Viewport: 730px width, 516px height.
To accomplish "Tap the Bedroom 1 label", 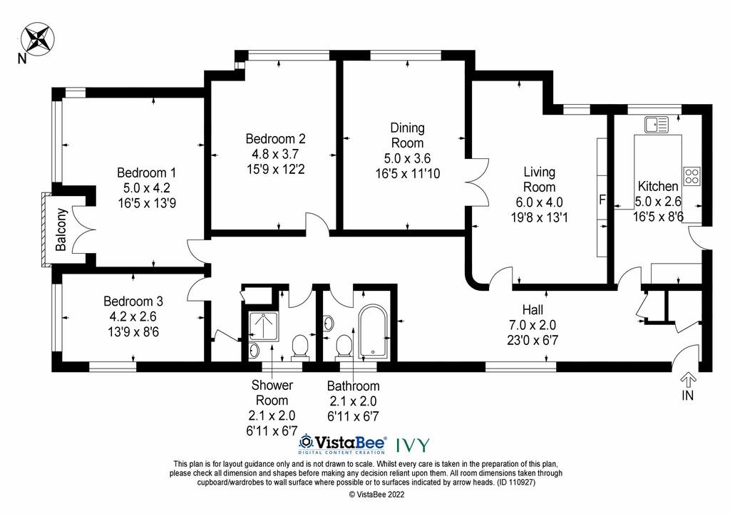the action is pyautogui.click(x=146, y=173).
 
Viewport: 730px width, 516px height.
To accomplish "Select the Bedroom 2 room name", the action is pyautogui.click(x=275, y=139).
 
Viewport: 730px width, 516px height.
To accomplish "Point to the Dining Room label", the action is pyautogui.click(x=407, y=135).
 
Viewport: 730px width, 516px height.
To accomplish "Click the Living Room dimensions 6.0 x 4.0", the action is pyautogui.click(x=539, y=202).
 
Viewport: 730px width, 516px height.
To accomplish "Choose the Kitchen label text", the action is pyautogui.click(x=657, y=186).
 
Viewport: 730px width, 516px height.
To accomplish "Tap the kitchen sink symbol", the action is pyautogui.click(x=656, y=124).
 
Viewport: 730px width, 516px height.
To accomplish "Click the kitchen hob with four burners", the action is pyautogui.click(x=692, y=175).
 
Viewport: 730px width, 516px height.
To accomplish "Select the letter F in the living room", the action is pyautogui.click(x=602, y=200).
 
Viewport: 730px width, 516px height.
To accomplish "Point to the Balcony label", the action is pyautogui.click(x=61, y=229).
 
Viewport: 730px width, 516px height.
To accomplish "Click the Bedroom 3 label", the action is pyautogui.click(x=133, y=301).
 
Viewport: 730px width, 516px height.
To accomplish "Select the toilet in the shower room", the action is pyautogui.click(x=300, y=347).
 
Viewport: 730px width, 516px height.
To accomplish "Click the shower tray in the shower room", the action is pyautogui.click(x=264, y=326).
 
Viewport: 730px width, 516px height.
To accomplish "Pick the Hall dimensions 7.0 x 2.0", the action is pyautogui.click(x=533, y=325).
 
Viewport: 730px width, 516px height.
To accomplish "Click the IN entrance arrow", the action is pyautogui.click(x=688, y=381).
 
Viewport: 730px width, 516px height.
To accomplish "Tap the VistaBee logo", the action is pyautogui.click(x=342, y=444).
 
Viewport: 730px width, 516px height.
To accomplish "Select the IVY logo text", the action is pyautogui.click(x=413, y=445).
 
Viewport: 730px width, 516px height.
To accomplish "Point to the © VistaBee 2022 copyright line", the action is pyautogui.click(x=376, y=495).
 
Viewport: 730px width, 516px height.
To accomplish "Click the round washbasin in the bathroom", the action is pyautogui.click(x=329, y=322).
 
